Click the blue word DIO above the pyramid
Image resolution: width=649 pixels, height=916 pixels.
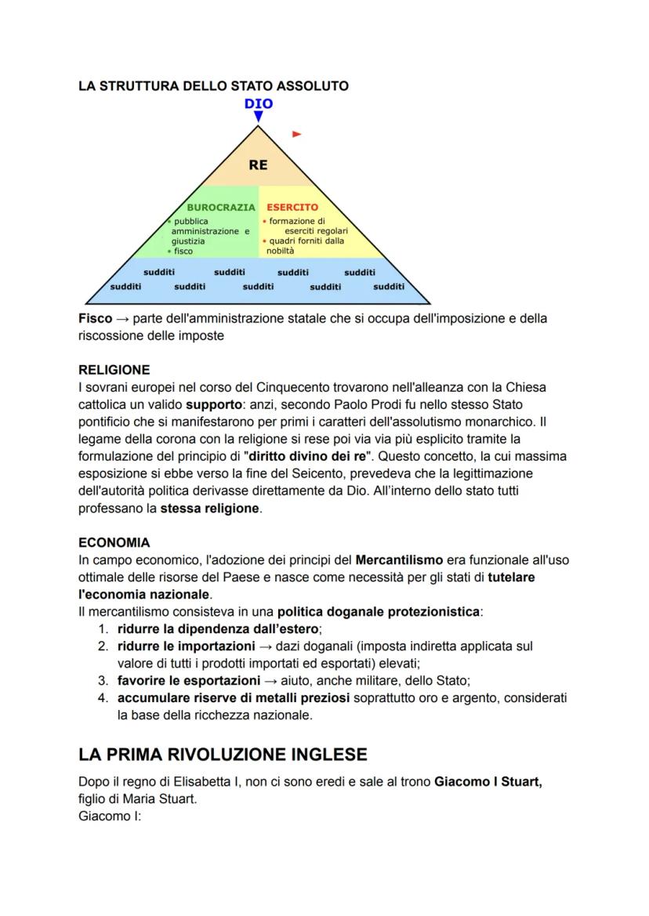pyautogui.click(x=258, y=103)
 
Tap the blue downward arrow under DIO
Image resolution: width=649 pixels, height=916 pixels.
pyautogui.click(x=258, y=117)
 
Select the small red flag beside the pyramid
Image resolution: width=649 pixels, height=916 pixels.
pyautogui.click(x=296, y=134)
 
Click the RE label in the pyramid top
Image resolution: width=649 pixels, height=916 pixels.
pyautogui.click(x=258, y=165)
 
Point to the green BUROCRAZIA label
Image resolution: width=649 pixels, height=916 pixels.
pyautogui.click(x=221, y=208)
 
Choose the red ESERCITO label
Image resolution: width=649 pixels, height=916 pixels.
pyautogui.click(x=292, y=208)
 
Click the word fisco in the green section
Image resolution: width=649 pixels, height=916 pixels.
pyautogui.click(x=183, y=252)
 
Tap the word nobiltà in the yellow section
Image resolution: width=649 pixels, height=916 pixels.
pyautogui.click(x=280, y=252)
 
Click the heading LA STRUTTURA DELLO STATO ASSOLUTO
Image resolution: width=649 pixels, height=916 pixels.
pyautogui.click(x=213, y=85)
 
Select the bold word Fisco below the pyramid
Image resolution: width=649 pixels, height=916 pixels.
pyautogui.click(x=95, y=319)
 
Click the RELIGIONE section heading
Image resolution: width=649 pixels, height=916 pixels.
pyautogui.click(x=114, y=369)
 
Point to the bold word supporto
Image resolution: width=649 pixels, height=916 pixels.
pyautogui.click(x=211, y=405)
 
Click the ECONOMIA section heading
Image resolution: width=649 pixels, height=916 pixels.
pyautogui.click(x=114, y=542)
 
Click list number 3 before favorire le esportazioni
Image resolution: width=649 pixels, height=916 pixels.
pyautogui.click(x=103, y=680)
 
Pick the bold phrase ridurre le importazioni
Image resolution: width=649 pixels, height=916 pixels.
pyautogui.click(x=187, y=646)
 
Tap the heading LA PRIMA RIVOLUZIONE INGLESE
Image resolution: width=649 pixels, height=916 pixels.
pyautogui.click(x=223, y=755)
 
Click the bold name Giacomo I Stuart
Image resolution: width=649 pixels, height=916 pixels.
pyautogui.click(x=488, y=782)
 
